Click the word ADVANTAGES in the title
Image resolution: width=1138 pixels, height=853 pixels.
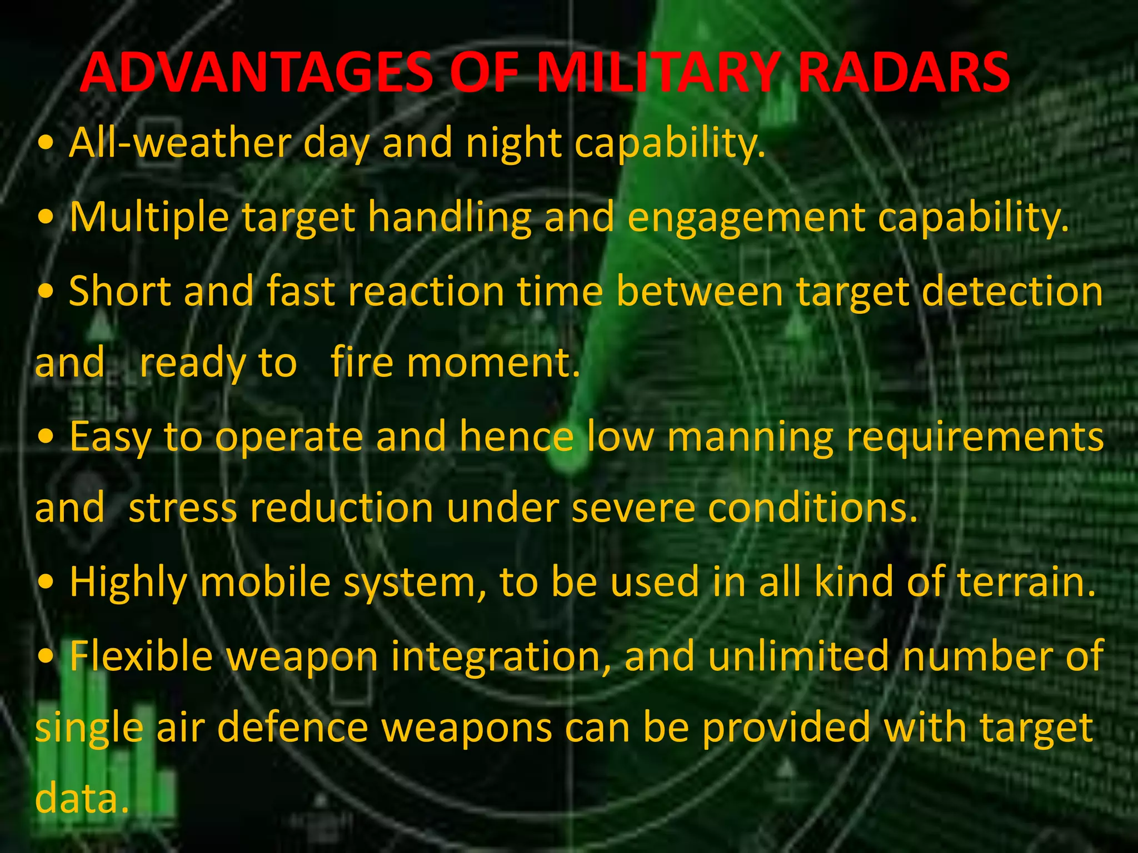(x=256, y=72)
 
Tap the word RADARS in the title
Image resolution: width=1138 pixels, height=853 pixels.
(x=904, y=72)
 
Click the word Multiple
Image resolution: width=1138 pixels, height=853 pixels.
(x=149, y=217)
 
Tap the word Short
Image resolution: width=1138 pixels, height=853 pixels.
(x=120, y=291)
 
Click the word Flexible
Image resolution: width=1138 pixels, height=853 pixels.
(x=141, y=655)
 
